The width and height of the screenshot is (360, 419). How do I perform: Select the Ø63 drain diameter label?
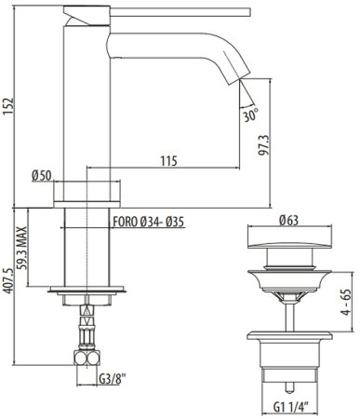click(x=289, y=221)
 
